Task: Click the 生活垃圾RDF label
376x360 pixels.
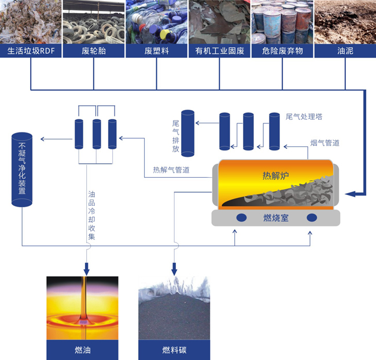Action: (31, 51)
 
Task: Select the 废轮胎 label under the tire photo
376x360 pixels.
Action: (94, 51)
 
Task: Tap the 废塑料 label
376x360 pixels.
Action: (156, 51)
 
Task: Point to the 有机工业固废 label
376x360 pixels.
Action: (220, 51)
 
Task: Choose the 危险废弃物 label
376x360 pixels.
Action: (282, 51)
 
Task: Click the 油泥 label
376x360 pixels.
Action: (345, 51)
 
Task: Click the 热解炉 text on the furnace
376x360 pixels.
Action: (275, 176)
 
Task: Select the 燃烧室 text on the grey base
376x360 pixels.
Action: (275, 218)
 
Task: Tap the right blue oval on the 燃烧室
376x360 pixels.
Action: (312, 218)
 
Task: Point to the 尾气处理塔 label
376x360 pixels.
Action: (304, 117)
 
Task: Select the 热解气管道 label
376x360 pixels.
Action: (171, 170)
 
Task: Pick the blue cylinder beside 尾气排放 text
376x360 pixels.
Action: (187, 133)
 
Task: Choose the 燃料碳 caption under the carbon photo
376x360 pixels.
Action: (174, 350)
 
